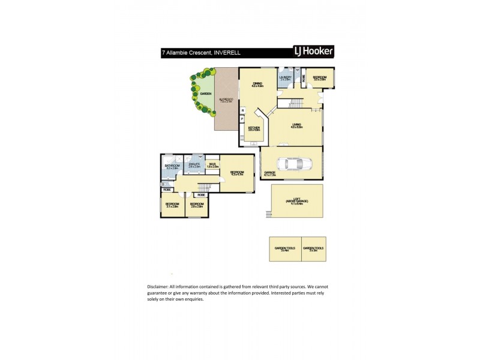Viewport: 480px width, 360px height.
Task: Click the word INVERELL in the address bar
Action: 224,52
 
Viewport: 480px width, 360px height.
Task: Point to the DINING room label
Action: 257,83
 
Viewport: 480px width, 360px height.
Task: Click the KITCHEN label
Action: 254,127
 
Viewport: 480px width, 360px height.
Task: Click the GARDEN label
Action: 205,94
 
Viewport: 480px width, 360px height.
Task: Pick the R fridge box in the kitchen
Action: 242,110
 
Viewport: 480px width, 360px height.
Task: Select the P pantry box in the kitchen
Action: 242,119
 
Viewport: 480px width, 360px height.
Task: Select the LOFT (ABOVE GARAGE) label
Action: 298,200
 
